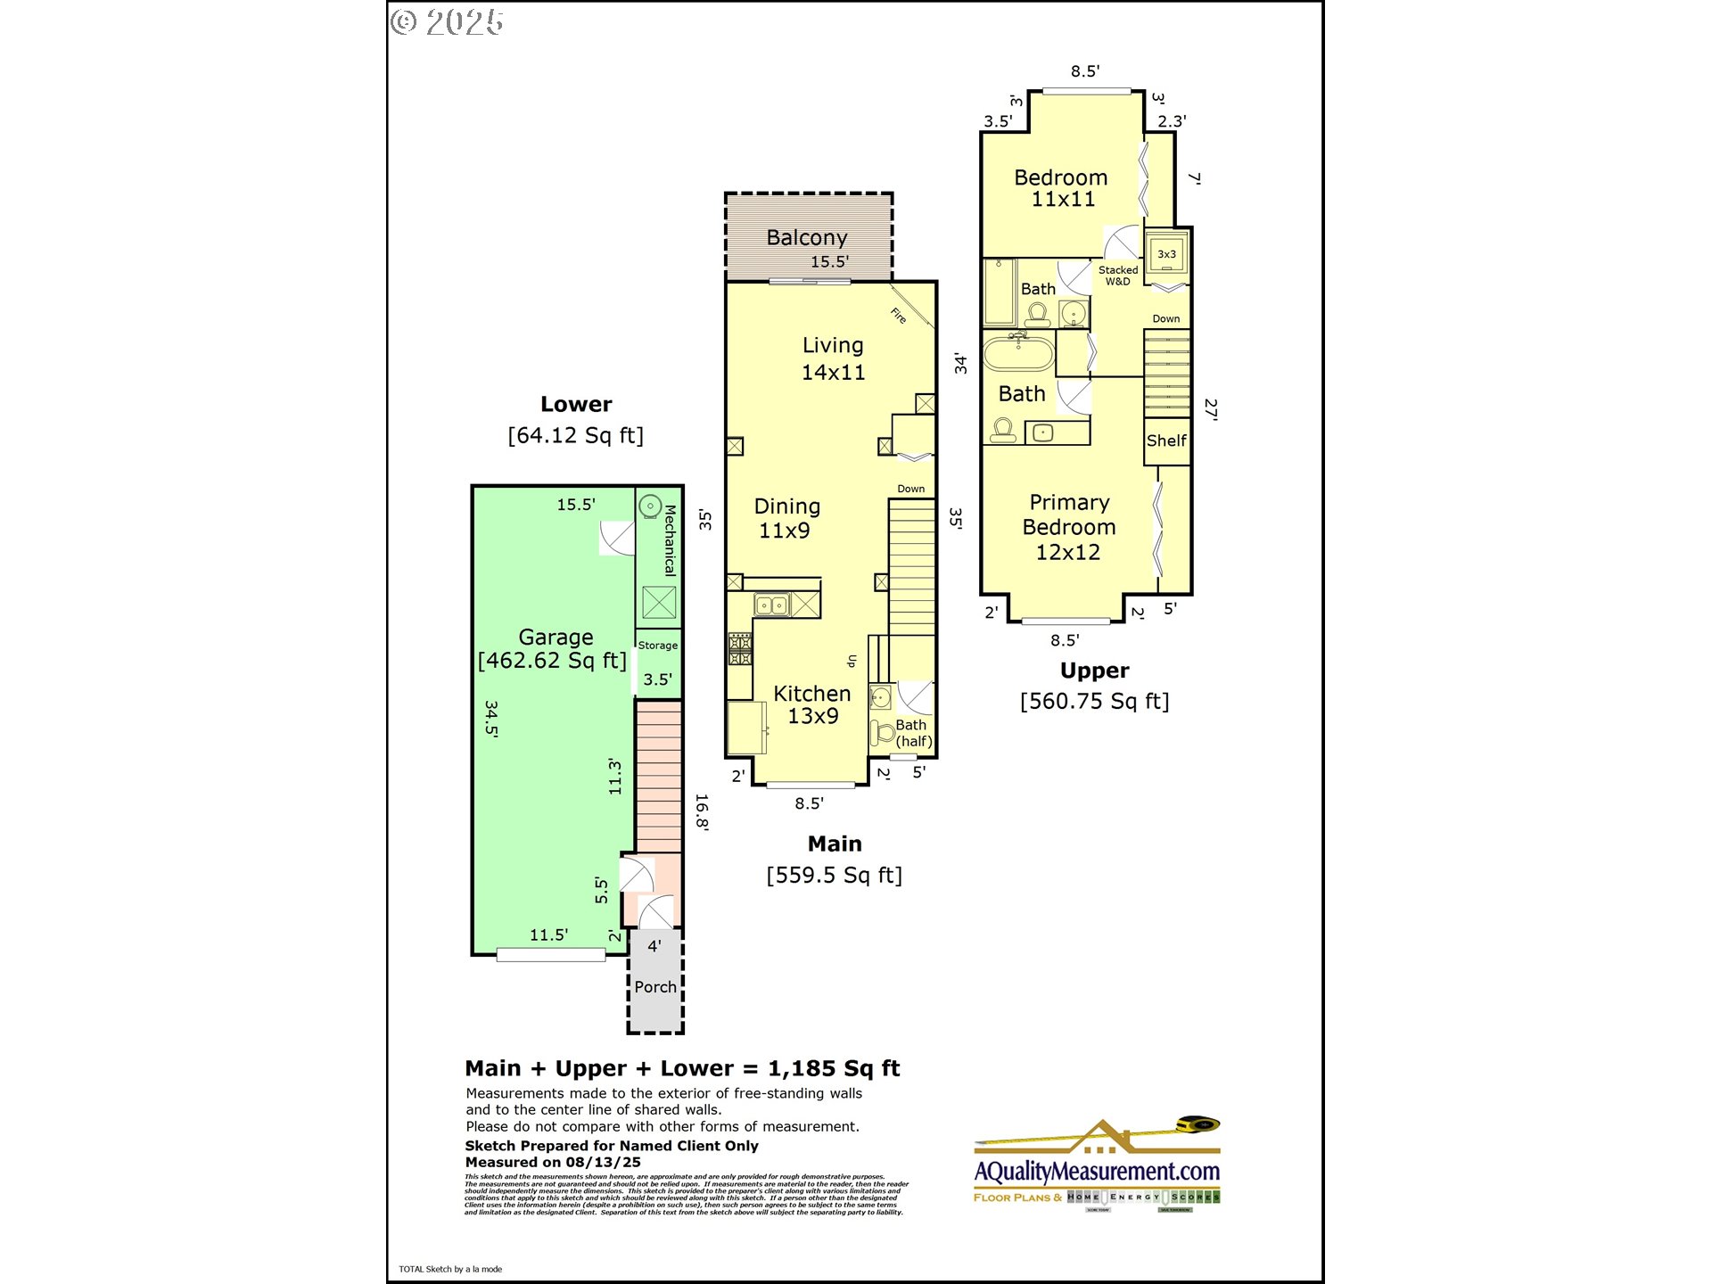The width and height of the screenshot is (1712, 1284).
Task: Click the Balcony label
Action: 806,238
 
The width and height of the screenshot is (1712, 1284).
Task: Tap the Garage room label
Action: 556,638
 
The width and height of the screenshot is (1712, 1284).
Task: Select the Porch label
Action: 655,987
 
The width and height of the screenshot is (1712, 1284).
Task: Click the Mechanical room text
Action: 671,540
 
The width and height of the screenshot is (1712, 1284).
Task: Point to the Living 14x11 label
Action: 833,358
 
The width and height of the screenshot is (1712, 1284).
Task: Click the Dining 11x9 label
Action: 786,518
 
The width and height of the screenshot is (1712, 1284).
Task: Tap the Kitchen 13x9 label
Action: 811,704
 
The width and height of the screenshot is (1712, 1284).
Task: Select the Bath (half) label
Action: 912,733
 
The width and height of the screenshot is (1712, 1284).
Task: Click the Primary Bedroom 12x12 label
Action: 1068,527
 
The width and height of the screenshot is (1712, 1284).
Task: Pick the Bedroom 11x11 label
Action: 1061,188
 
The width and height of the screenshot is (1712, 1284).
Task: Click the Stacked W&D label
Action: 1118,276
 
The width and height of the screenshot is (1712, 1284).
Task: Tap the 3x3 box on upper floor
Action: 1166,254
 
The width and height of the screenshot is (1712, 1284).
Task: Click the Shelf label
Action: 1166,440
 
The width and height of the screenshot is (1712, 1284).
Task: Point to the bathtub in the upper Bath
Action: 1018,353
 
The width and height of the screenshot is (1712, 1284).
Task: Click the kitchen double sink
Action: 772,605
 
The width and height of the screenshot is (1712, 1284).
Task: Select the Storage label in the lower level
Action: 658,646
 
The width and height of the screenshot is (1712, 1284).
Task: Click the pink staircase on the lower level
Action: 659,776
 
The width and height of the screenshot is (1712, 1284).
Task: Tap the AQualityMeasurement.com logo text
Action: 1097,1171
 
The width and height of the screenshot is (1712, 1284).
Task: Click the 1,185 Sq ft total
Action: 834,1068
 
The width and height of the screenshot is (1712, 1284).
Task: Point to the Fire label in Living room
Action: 899,315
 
